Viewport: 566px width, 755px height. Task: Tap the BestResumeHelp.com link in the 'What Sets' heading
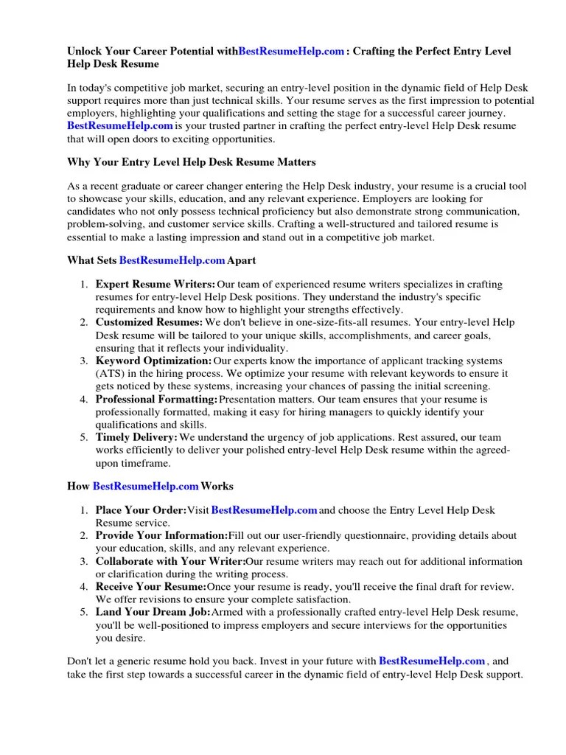tap(172, 260)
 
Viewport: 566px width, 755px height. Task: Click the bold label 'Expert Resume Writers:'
tap(156, 285)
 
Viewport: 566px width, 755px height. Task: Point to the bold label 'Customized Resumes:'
tap(149, 322)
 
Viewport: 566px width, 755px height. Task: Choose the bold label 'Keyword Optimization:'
tap(153, 361)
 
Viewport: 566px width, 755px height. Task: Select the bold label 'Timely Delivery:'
tap(136, 437)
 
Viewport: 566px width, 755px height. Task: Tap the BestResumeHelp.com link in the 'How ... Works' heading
tap(146, 486)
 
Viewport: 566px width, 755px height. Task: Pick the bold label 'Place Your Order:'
tap(141, 510)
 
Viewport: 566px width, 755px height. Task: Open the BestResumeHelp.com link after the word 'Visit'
tap(264, 510)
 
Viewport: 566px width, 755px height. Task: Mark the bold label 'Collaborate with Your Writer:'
tap(170, 561)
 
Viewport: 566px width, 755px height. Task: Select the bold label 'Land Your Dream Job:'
tap(153, 612)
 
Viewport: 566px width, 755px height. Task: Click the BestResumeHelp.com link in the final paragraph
tap(432, 661)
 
